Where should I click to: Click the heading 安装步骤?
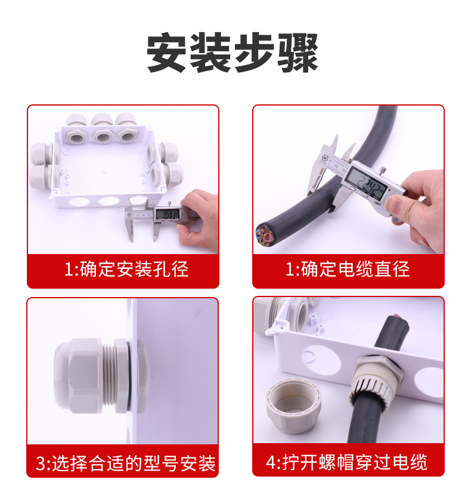233,52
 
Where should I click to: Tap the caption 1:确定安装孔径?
126,269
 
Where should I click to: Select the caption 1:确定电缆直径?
348,269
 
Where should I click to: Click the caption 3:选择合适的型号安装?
126,463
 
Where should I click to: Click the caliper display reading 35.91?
166,214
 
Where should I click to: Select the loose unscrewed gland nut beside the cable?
293,405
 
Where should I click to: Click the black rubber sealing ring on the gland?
129,375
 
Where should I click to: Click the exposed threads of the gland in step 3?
108,375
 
